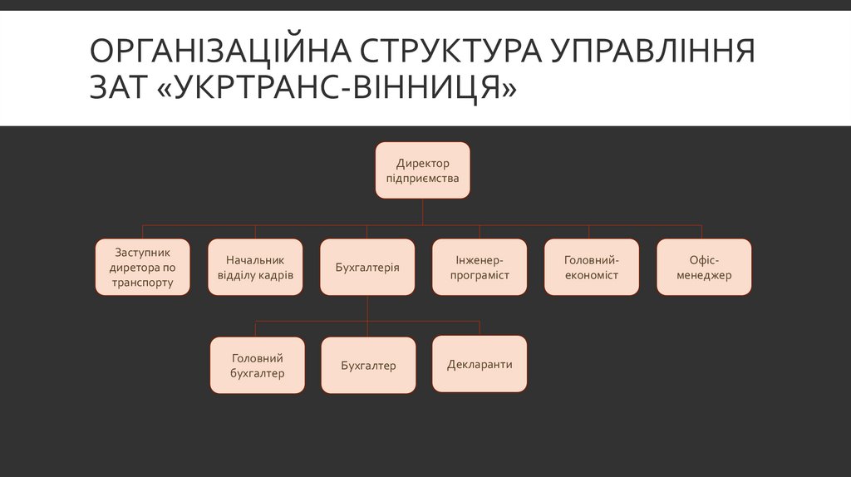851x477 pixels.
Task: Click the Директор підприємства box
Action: pyautogui.click(x=422, y=170)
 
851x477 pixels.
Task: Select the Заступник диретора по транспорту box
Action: pyautogui.click(x=142, y=268)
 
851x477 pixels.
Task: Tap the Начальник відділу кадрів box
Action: pyautogui.click(x=255, y=268)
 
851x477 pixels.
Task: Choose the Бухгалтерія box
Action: pyautogui.click(x=367, y=268)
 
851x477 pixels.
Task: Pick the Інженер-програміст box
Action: pyautogui.click(x=480, y=268)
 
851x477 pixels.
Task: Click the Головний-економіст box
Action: pyautogui.click(x=592, y=268)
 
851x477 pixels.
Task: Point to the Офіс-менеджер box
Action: pyautogui.click(x=704, y=268)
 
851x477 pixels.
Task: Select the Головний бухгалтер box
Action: pyautogui.click(x=258, y=366)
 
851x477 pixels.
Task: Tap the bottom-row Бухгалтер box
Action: pyautogui.click(x=368, y=366)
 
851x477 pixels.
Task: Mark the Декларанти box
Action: pyautogui.click(x=480, y=364)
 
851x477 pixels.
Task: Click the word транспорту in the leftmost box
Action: pyautogui.click(x=142, y=283)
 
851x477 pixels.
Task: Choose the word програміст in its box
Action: pyautogui.click(x=480, y=275)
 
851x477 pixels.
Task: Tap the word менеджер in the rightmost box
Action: pyautogui.click(x=704, y=275)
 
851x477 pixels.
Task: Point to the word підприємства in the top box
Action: pyautogui.click(x=422, y=178)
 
